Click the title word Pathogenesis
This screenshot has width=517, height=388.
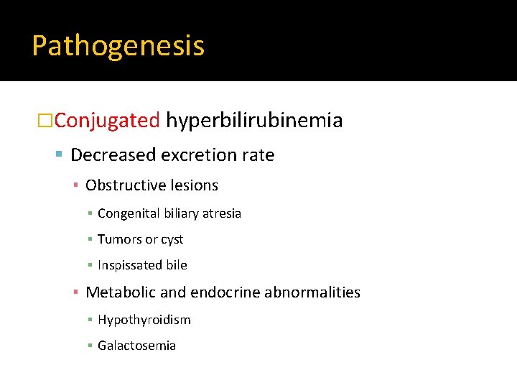coord(118,46)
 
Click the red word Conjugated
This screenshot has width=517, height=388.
coord(107,120)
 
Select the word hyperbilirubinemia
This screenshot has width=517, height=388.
coord(254,120)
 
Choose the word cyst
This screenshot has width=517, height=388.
coord(172,239)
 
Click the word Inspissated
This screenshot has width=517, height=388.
coord(130,265)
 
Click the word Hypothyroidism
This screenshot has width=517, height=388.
coord(144,320)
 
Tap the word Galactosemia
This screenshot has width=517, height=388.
coord(136,346)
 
